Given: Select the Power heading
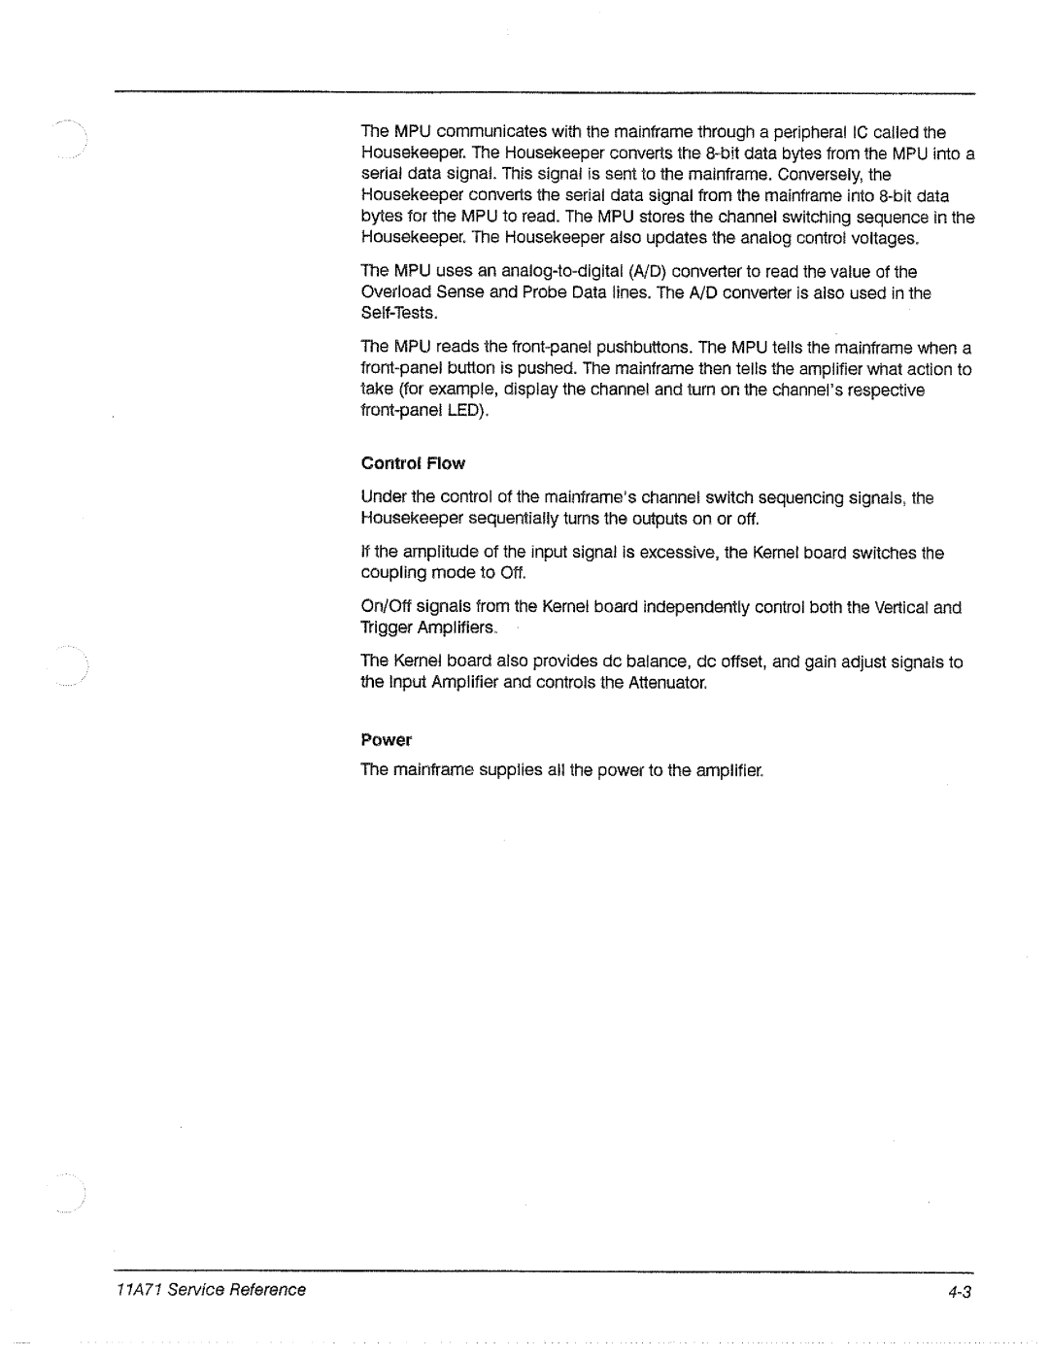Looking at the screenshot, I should (386, 740).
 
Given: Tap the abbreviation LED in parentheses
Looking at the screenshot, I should (462, 412).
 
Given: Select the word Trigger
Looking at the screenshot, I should (384, 629).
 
